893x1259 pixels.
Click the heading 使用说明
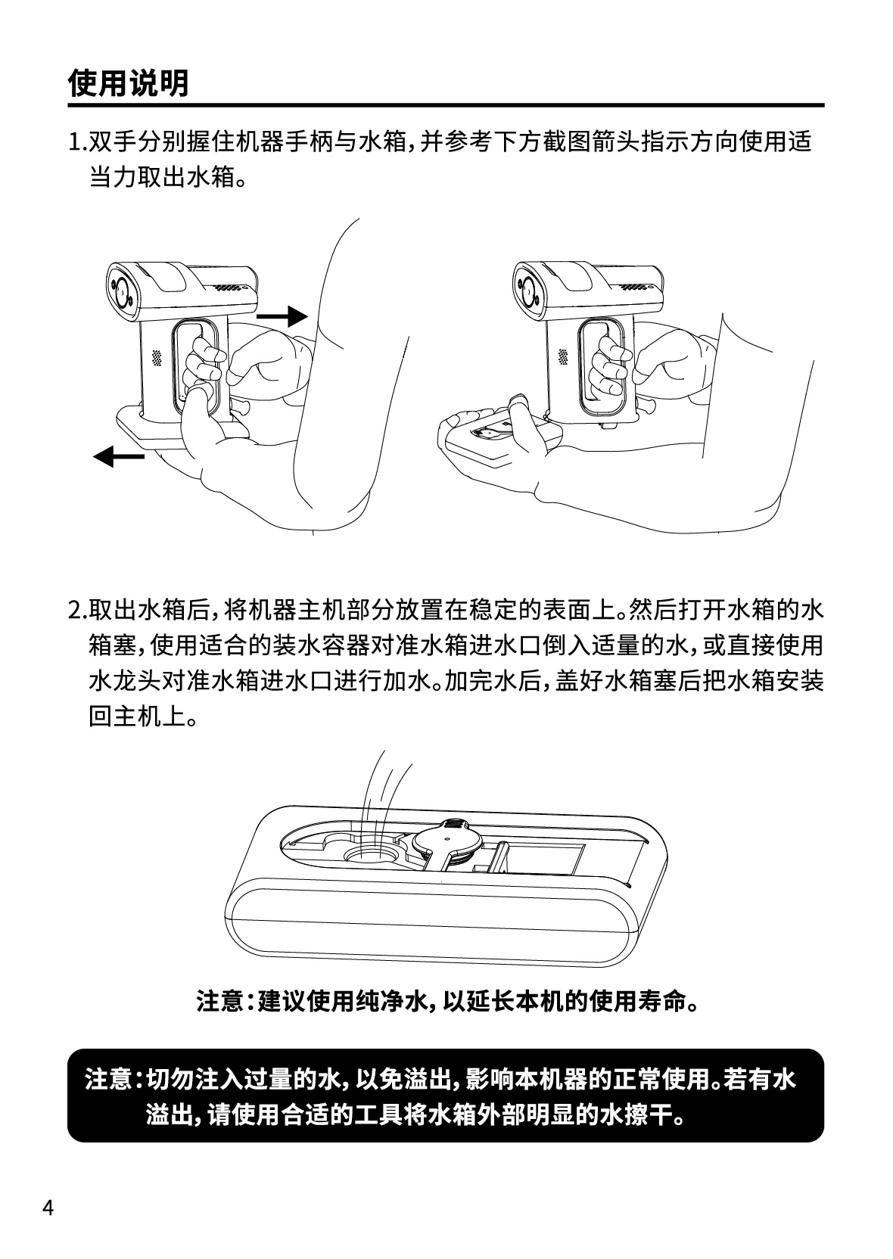click(128, 83)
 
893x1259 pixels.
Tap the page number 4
click(48, 1203)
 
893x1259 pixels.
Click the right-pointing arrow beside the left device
click(282, 317)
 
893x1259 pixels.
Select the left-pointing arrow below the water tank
click(119, 456)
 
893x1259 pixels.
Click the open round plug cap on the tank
click(447, 841)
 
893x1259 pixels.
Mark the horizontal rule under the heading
click(446, 105)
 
